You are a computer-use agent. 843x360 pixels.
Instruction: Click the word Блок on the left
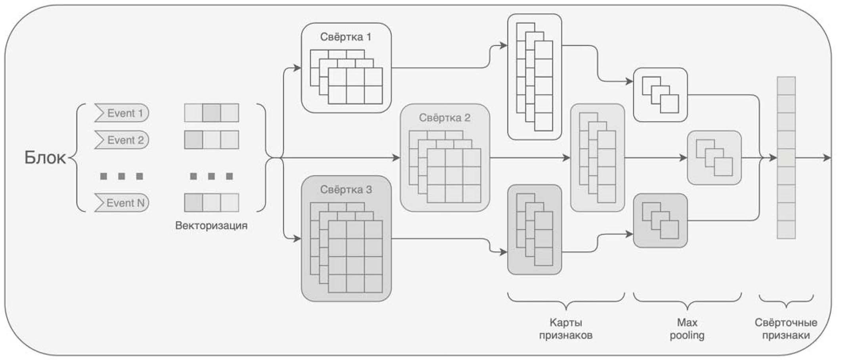tap(45, 158)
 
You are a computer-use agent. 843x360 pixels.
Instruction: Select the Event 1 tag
tap(122, 113)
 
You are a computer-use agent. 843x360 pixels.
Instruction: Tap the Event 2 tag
tap(122, 140)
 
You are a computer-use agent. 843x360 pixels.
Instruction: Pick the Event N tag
tap(122, 203)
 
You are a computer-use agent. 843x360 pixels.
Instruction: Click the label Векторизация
tap(211, 226)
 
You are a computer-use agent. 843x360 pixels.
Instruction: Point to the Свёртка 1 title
tap(346, 37)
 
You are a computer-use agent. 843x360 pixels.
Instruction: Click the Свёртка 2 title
tap(444, 118)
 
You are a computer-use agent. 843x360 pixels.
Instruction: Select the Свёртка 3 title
tap(346, 190)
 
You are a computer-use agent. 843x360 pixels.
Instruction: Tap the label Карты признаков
tap(566, 329)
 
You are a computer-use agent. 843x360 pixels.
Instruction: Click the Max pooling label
tap(687, 329)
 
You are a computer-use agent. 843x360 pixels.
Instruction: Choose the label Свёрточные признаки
tap(786, 329)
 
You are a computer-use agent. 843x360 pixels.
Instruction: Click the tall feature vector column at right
tap(786, 157)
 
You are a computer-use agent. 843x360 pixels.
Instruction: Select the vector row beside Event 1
tap(211, 113)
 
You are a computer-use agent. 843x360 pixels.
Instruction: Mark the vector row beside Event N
tap(211, 203)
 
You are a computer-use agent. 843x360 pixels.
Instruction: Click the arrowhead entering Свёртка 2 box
tap(396, 158)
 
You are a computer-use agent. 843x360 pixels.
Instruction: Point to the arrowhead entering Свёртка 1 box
tap(297, 68)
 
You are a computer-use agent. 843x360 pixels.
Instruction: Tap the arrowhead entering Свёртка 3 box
tap(297, 239)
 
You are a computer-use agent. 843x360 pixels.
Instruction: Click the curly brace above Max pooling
tap(687, 301)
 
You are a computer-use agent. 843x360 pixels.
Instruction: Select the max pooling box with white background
tap(660, 95)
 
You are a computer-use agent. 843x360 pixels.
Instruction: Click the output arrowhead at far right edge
tap(827, 158)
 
